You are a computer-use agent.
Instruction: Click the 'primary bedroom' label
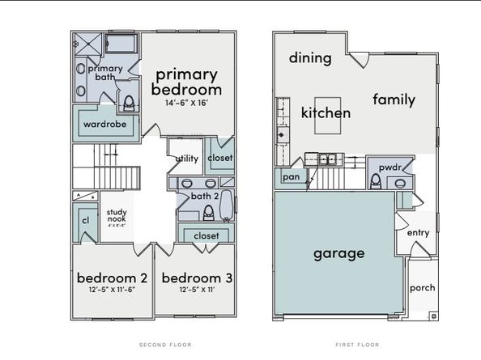pyautogui.click(x=188, y=82)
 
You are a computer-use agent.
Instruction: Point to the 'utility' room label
pyautogui.click(x=188, y=159)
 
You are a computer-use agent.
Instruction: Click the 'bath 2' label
pyautogui.click(x=206, y=196)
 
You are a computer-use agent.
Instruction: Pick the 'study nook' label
pyautogui.click(x=117, y=215)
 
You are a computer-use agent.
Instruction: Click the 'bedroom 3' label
pyautogui.click(x=197, y=277)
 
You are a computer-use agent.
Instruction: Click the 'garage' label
pyautogui.click(x=339, y=252)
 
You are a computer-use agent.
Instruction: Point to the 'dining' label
pyautogui.click(x=310, y=57)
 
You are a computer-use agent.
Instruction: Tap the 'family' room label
pyautogui.click(x=394, y=100)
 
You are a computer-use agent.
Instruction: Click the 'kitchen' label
pyautogui.click(x=326, y=112)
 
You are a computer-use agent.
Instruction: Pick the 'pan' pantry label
pyautogui.click(x=289, y=176)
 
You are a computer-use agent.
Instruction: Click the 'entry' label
pyautogui.click(x=418, y=232)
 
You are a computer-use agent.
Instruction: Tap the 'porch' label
pyautogui.click(x=422, y=287)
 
